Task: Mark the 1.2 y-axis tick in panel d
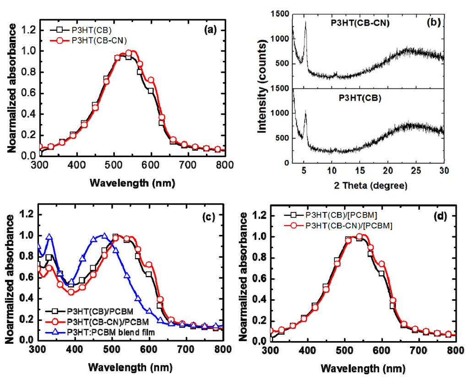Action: coord(260,216)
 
